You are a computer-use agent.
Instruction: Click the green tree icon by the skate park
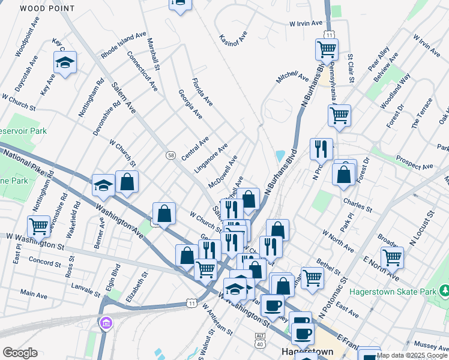pos(445,291)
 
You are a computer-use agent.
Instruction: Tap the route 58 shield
pos(170,155)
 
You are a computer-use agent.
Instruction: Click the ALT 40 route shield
pos(260,340)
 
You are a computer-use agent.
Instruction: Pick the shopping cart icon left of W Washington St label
pos(38,226)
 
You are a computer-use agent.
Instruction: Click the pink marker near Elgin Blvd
pos(106,324)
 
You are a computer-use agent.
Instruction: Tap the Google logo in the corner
pos(20,353)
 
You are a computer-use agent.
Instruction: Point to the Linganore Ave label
pos(211,158)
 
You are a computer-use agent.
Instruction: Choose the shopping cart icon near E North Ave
pos(392,257)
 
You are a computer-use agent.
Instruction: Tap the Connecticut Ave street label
pos(142,71)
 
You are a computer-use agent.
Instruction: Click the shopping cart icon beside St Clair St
pos(327,49)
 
